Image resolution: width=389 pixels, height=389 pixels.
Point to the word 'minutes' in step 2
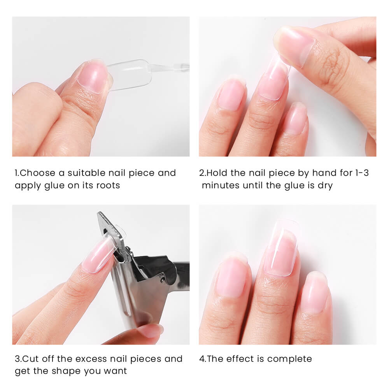tap(220, 185)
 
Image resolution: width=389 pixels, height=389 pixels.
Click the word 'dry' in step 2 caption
tap(325, 185)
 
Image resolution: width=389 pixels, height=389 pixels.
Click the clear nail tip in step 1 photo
tap(130, 74)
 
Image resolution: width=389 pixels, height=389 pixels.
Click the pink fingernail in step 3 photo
tap(97, 255)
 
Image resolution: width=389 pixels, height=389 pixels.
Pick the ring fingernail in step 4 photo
tap(316, 292)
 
